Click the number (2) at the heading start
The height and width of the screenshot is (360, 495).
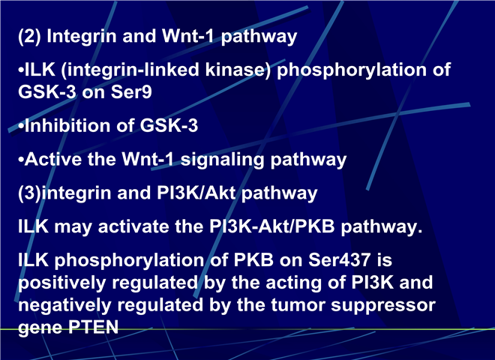click(x=29, y=36)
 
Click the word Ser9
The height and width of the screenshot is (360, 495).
click(x=131, y=92)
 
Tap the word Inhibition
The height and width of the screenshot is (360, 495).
click(x=67, y=125)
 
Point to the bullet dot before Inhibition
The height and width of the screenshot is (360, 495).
click(x=21, y=126)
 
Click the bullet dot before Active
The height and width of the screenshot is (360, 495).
click(x=21, y=160)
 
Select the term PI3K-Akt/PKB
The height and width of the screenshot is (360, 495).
click(x=272, y=226)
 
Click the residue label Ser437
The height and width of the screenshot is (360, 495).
click(x=339, y=260)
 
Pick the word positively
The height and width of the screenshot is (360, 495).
click(x=61, y=283)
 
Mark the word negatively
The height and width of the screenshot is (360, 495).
click(x=64, y=305)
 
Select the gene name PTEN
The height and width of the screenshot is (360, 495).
click(x=94, y=327)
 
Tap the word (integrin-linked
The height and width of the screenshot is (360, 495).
click(x=130, y=69)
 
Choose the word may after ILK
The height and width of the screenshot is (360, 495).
click(x=73, y=227)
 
